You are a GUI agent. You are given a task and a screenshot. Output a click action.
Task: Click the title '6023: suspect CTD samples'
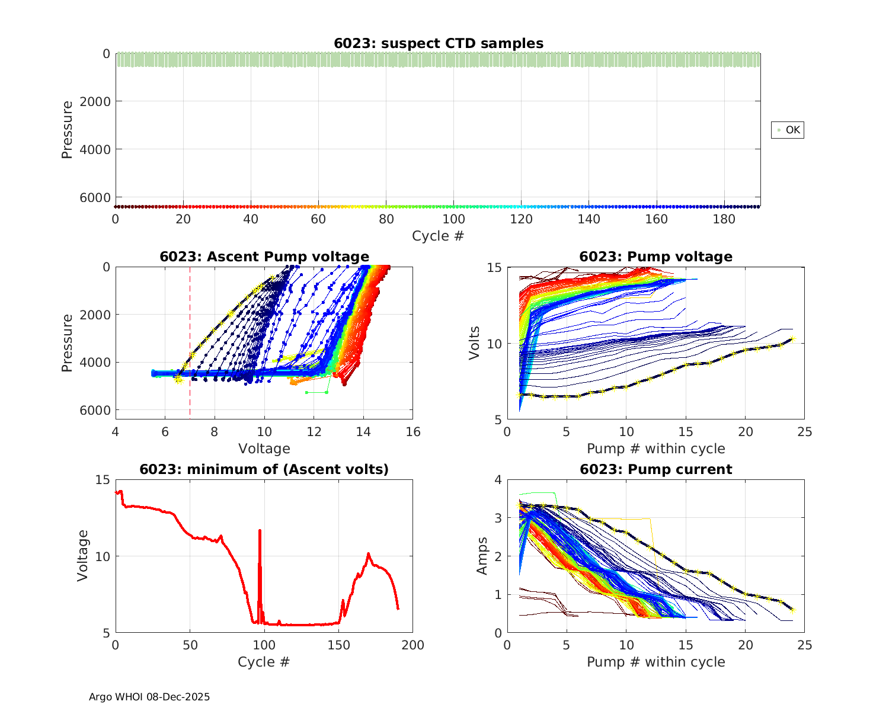438,43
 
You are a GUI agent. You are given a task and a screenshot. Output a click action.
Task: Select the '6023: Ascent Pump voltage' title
264,257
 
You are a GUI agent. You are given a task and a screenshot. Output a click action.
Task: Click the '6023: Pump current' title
655,469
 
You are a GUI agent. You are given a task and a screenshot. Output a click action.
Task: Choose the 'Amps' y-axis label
482,556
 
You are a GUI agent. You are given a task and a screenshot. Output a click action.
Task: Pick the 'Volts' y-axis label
474,343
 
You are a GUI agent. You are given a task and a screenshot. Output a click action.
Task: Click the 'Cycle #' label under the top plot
438,236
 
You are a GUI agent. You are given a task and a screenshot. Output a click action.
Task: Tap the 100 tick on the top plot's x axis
453,219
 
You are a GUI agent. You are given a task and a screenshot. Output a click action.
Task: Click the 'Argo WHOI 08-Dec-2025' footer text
149,697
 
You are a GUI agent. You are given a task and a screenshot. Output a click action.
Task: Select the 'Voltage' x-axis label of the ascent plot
264,449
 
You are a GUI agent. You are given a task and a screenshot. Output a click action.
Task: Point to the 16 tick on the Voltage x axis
413,432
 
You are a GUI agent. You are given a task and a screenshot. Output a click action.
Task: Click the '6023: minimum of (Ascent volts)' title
264,469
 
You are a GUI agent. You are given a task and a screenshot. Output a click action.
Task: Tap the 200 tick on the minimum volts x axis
413,645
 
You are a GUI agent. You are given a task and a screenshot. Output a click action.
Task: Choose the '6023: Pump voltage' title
655,257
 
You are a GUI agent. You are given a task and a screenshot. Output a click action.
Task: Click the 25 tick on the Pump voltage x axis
804,432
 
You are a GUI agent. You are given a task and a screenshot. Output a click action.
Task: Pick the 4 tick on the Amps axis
498,479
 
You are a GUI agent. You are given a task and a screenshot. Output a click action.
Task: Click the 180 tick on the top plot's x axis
724,219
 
